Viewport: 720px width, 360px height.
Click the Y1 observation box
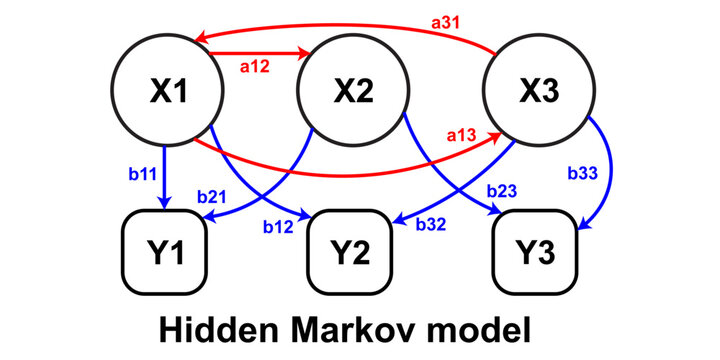click(x=168, y=248)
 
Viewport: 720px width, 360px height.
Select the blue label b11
click(x=143, y=174)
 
